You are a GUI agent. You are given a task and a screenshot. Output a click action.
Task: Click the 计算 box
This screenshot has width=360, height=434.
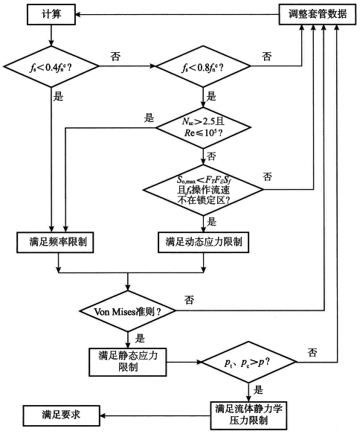tap(51, 14)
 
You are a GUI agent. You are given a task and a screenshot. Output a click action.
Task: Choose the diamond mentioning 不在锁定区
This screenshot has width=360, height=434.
tap(203, 189)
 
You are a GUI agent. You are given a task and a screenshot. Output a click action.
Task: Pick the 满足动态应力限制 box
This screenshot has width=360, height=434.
tap(203, 242)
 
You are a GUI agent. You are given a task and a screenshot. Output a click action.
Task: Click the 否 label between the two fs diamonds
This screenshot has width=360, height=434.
tap(115, 56)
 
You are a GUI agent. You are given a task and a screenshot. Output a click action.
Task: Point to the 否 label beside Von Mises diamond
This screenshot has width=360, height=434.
tap(190, 299)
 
